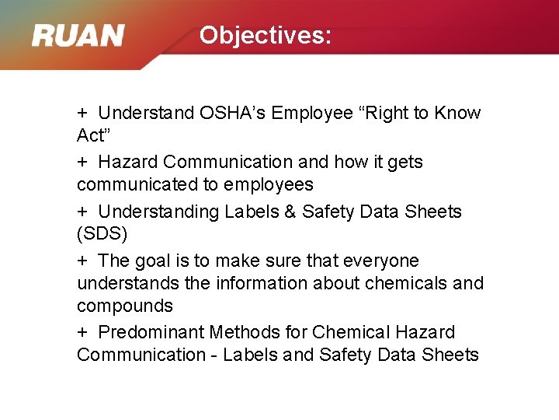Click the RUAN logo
[x=78, y=36]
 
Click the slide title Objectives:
[x=265, y=35]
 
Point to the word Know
[x=457, y=114]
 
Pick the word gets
[x=404, y=163]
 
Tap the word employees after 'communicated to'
[x=269, y=185]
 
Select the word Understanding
[x=158, y=212]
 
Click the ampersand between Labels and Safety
[x=288, y=212]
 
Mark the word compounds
[x=125, y=306]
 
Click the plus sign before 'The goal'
[x=82, y=261]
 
